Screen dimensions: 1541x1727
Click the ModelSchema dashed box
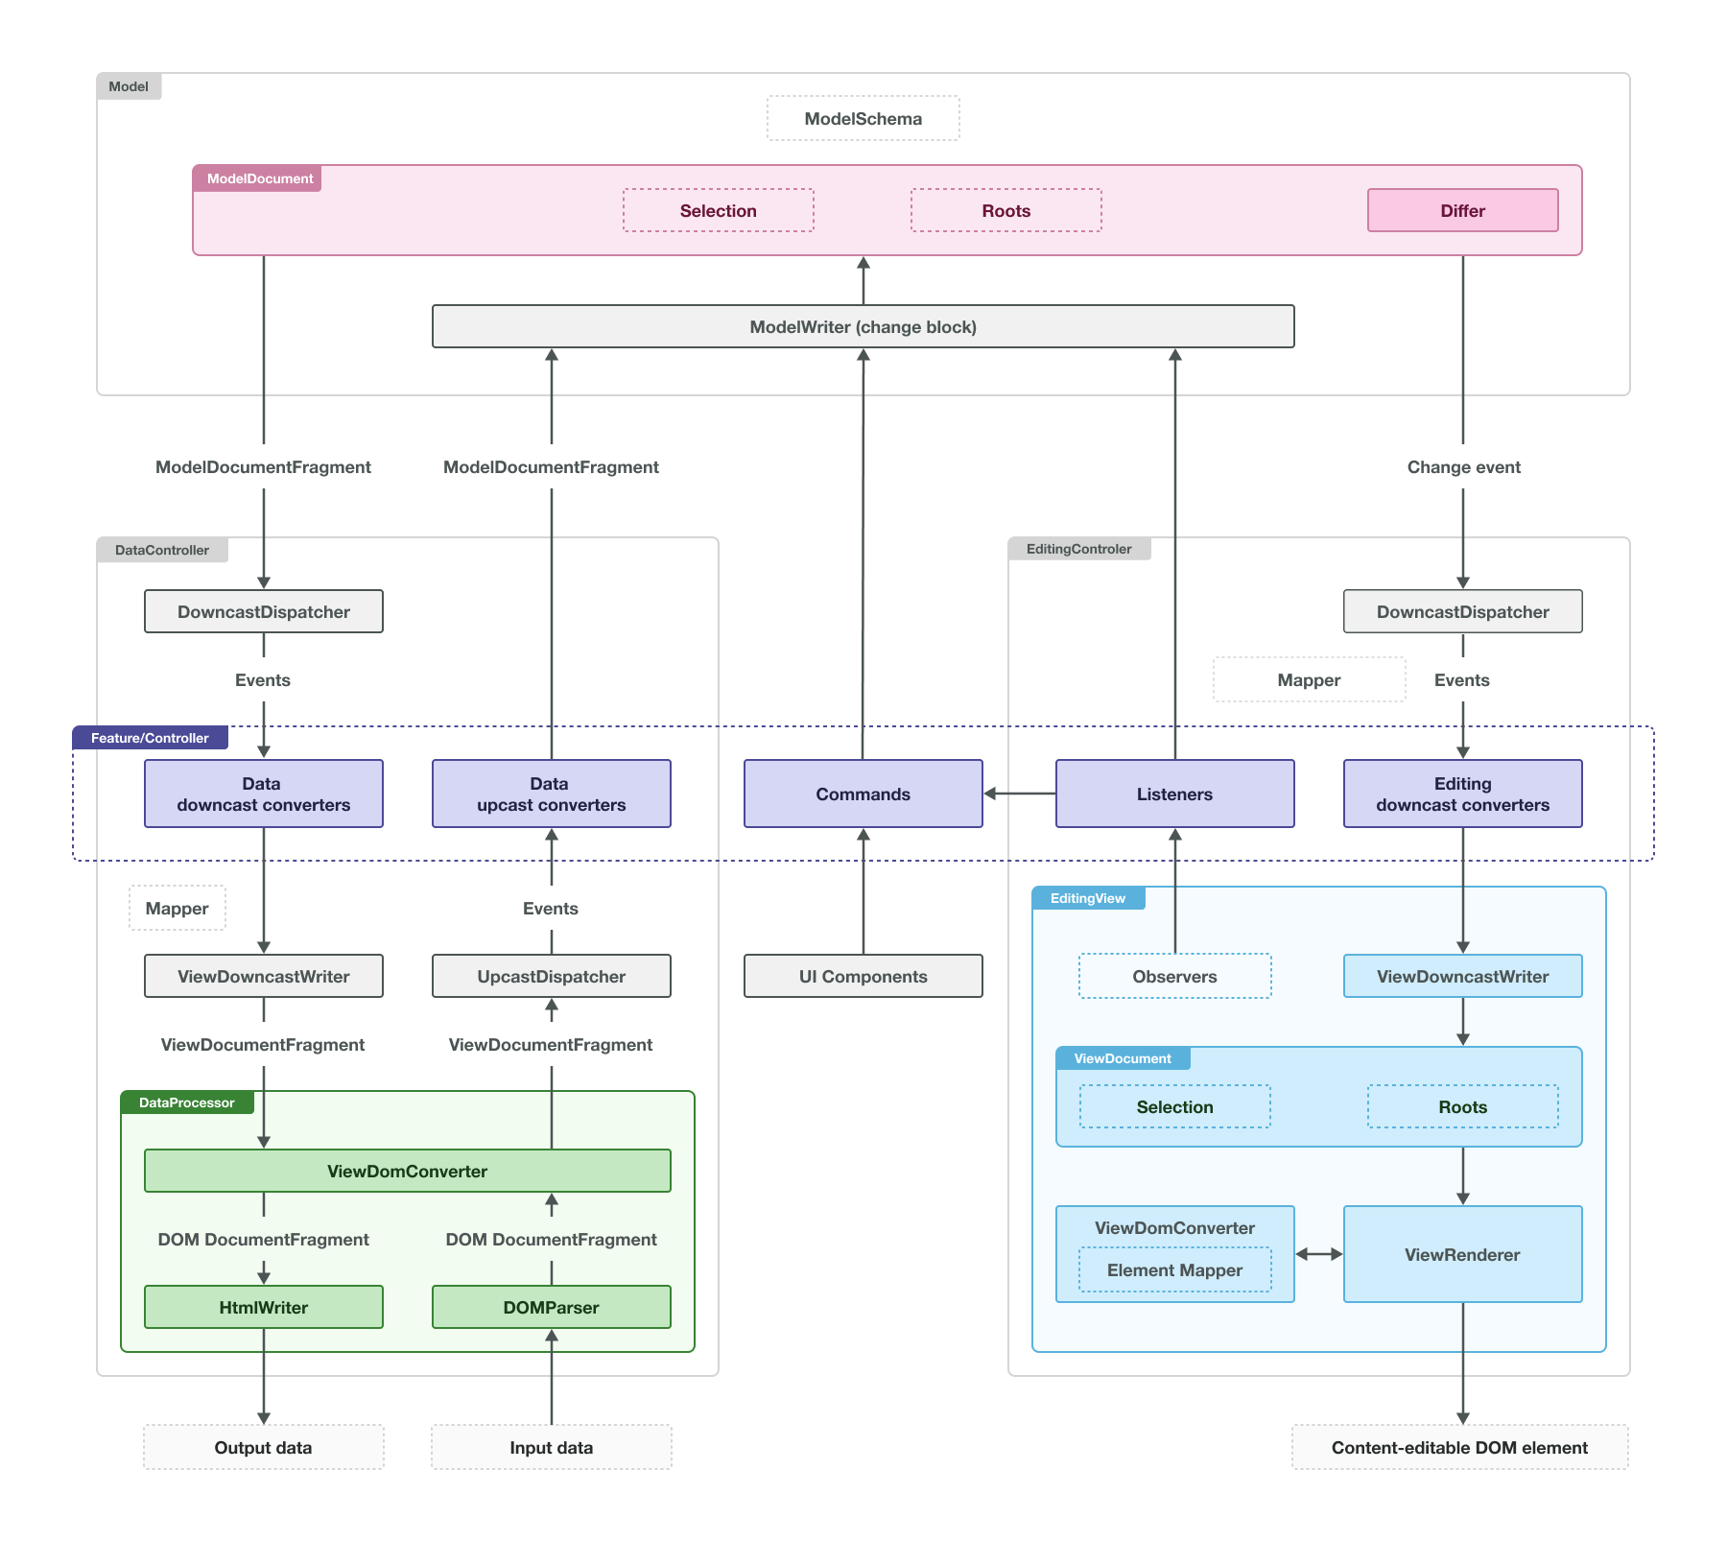click(x=863, y=118)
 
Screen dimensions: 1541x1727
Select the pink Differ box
click(x=1462, y=210)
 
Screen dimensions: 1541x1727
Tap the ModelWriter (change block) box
click(x=863, y=326)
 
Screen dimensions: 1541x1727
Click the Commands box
click(x=863, y=794)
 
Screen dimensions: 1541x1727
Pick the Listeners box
click(x=1174, y=794)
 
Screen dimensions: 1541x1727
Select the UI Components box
click(x=863, y=976)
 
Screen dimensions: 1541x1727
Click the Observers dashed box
click(x=1174, y=976)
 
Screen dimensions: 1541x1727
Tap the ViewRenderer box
click(x=1462, y=1254)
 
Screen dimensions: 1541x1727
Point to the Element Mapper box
click(x=1174, y=1269)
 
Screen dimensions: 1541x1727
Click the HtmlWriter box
click(x=263, y=1307)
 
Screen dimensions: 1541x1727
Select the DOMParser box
click(x=551, y=1307)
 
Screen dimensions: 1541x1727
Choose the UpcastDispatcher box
click(x=551, y=976)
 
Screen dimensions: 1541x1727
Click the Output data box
click(x=263, y=1447)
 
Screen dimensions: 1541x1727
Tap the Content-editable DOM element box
click(x=1459, y=1447)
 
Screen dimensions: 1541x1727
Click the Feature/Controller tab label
click(x=150, y=738)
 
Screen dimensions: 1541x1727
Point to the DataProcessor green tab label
click(x=186, y=1102)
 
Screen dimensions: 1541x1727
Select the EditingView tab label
click(x=1087, y=898)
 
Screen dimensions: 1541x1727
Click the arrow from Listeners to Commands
click(x=1019, y=794)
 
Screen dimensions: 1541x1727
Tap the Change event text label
click(x=1463, y=467)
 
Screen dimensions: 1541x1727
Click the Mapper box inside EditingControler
click(x=1309, y=679)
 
